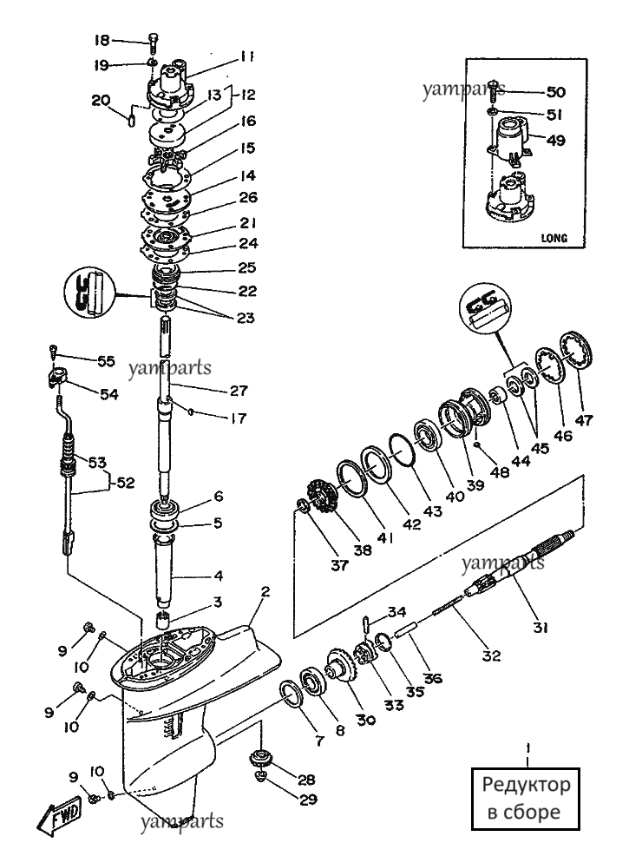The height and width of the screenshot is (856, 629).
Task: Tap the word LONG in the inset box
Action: (x=554, y=238)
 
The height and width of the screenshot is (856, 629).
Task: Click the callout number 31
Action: (x=541, y=628)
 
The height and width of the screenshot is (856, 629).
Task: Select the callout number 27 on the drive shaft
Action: (x=239, y=391)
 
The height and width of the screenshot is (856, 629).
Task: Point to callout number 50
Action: (x=556, y=92)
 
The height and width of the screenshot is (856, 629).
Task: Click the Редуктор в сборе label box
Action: (x=526, y=799)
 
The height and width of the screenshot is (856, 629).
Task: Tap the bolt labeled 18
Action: (x=153, y=42)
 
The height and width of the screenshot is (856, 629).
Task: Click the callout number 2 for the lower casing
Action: (x=265, y=592)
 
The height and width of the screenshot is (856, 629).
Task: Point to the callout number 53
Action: (x=97, y=463)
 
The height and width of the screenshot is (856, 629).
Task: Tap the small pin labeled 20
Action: (x=132, y=120)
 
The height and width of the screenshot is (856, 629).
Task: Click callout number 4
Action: (x=219, y=576)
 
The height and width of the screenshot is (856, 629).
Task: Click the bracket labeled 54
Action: (x=56, y=378)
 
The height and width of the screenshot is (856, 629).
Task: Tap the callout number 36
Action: (x=433, y=679)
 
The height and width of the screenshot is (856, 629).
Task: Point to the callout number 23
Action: (x=246, y=318)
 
